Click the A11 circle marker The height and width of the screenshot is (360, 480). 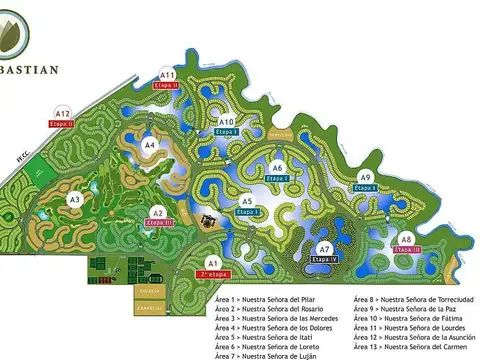pos(168,75)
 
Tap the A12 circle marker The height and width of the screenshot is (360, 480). pos(63,113)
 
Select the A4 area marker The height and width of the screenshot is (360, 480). pos(150,145)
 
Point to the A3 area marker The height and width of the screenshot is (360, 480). pos(74,200)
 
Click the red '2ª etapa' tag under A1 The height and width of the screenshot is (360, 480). pos(212,273)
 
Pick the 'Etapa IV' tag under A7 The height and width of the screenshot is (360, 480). pos(325,259)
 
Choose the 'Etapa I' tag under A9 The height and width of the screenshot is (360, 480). pos(366,188)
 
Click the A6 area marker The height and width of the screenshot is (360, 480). pos(278,168)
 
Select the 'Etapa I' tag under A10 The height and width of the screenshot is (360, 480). pos(227,132)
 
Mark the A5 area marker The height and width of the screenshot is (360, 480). pos(246,202)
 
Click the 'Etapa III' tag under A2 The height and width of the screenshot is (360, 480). pos(159,222)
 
